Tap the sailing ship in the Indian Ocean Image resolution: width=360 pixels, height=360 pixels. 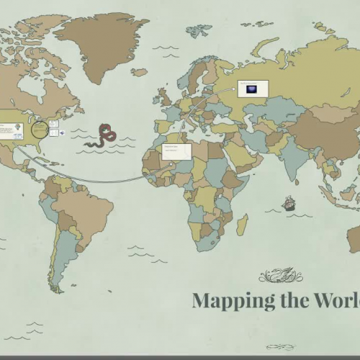point(289,204)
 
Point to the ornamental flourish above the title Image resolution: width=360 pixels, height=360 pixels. point(281,275)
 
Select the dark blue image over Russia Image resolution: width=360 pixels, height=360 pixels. point(252,89)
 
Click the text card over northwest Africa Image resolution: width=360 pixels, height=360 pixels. point(176,151)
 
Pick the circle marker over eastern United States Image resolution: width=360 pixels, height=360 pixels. point(40,130)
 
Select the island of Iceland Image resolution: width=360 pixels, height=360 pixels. point(139,72)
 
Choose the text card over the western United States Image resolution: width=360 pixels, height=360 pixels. point(11,130)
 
